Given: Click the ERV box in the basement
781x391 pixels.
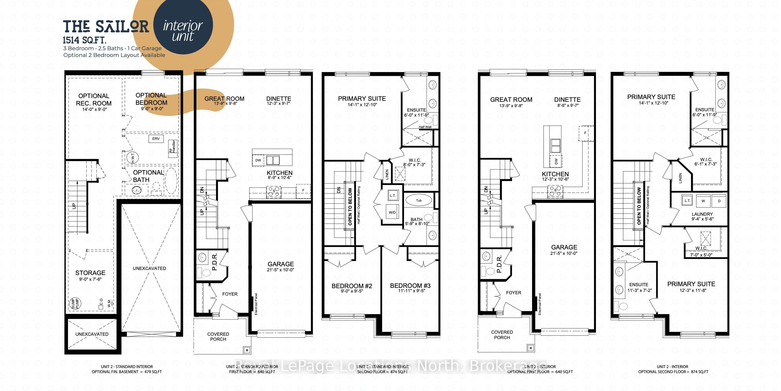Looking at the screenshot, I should click(x=156, y=139).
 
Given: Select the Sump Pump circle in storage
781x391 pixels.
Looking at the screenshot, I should click(x=73, y=303).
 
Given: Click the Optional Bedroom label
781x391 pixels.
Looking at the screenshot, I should click(x=151, y=99).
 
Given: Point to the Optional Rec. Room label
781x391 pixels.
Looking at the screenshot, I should click(x=94, y=99).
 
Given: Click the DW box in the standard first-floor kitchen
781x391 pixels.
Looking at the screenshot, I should click(x=258, y=160).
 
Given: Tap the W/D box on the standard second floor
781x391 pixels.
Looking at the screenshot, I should click(x=392, y=212).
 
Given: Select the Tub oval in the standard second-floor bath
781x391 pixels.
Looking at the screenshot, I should click(x=418, y=200).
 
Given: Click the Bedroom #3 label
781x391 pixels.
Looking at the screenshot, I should click(x=410, y=285).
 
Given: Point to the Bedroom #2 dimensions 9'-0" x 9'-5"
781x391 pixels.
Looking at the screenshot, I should click(x=351, y=291).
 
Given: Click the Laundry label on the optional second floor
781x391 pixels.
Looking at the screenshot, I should click(x=702, y=214).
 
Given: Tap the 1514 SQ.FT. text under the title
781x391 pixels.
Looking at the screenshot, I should click(x=85, y=40).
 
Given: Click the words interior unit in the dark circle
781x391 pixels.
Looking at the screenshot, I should click(x=183, y=30).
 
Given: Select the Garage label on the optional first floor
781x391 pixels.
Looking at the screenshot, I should click(x=564, y=247).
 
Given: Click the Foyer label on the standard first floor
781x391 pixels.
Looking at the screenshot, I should click(x=230, y=294).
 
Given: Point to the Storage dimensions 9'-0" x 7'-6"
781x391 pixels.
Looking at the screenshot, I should click(x=90, y=279).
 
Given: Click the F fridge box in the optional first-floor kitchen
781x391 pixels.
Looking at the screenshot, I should click(x=585, y=133).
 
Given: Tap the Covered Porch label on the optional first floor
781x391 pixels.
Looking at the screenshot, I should click(x=502, y=335).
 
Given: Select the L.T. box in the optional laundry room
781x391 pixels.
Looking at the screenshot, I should click(x=687, y=201).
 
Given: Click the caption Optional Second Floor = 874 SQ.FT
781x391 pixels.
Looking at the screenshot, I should click(x=673, y=372).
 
